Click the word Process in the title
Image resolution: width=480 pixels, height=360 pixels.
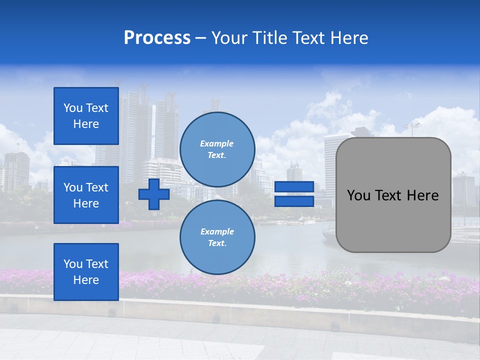pyautogui.click(x=157, y=38)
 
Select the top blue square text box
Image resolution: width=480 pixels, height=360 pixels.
pyautogui.click(x=86, y=116)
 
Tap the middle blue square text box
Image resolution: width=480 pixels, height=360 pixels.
pyautogui.click(x=86, y=195)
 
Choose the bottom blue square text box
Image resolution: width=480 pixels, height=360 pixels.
pyautogui.click(x=86, y=271)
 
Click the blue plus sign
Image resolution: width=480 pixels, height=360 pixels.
pyautogui.click(x=153, y=194)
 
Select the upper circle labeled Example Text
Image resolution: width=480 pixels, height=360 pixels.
pyautogui.click(x=217, y=149)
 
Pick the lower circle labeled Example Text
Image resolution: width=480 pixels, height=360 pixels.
pyautogui.click(x=217, y=237)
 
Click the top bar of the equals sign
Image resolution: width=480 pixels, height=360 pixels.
pyautogui.click(x=294, y=187)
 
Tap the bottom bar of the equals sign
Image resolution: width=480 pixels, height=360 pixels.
pyautogui.click(x=294, y=201)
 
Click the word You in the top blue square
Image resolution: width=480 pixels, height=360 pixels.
pyautogui.click(x=72, y=108)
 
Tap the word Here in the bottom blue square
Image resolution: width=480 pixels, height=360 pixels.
pyautogui.click(x=86, y=280)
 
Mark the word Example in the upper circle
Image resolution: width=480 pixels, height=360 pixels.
pyautogui.click(x=217, y=143)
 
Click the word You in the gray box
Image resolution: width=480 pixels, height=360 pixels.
pyautogui.click(x=358, y=195)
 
